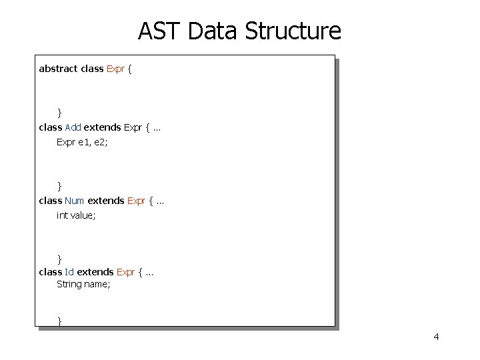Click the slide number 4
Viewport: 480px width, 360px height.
pyautogui.click(x=436, y=337)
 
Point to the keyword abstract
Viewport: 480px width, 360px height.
pyautogui.click(x=58, y=69)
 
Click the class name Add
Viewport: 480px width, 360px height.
pyautogui.click(x=73, y=127)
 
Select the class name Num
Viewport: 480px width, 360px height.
pyautogui.click(x=75, y=200)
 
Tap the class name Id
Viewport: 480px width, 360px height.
pyautogui.click(x=69, y=272)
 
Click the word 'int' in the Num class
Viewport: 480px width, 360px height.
pyautogui.click(x=62, y=215)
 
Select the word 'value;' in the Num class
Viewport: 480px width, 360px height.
pyautogui.click(x=83, y=215)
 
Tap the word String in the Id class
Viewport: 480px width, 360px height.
pyautogui.click(x=69, y=285)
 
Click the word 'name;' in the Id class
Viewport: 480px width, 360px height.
pyautogui.click(x=97, y=285)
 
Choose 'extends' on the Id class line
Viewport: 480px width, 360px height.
pyautogui.click(x=96, y=272)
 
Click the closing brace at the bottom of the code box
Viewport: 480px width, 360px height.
pyautogui.click(x=59, y=321)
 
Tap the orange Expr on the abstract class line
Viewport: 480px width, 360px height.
pyautogui.click(x=116, y=69)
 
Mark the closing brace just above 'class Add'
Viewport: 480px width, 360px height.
pyautogui.click(x=59, y=112)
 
